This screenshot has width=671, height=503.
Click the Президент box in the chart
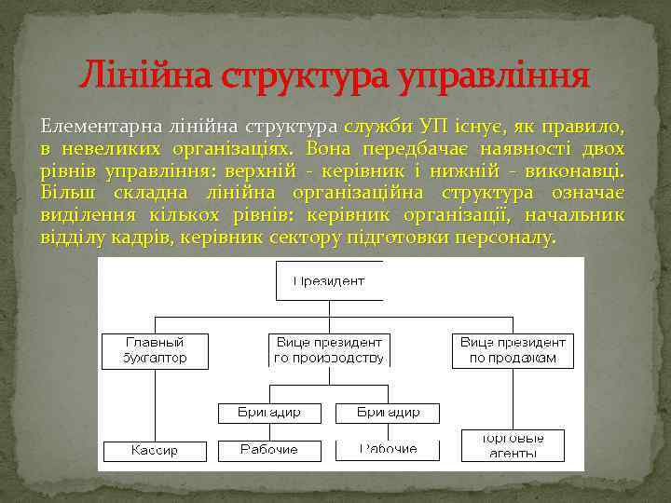329,280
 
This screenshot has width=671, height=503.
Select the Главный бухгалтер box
155,349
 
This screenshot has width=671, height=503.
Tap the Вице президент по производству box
329,349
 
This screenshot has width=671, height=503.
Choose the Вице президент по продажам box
513,349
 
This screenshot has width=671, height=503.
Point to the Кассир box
155,451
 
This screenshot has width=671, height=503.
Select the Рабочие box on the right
389,449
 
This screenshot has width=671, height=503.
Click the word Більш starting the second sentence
63,193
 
